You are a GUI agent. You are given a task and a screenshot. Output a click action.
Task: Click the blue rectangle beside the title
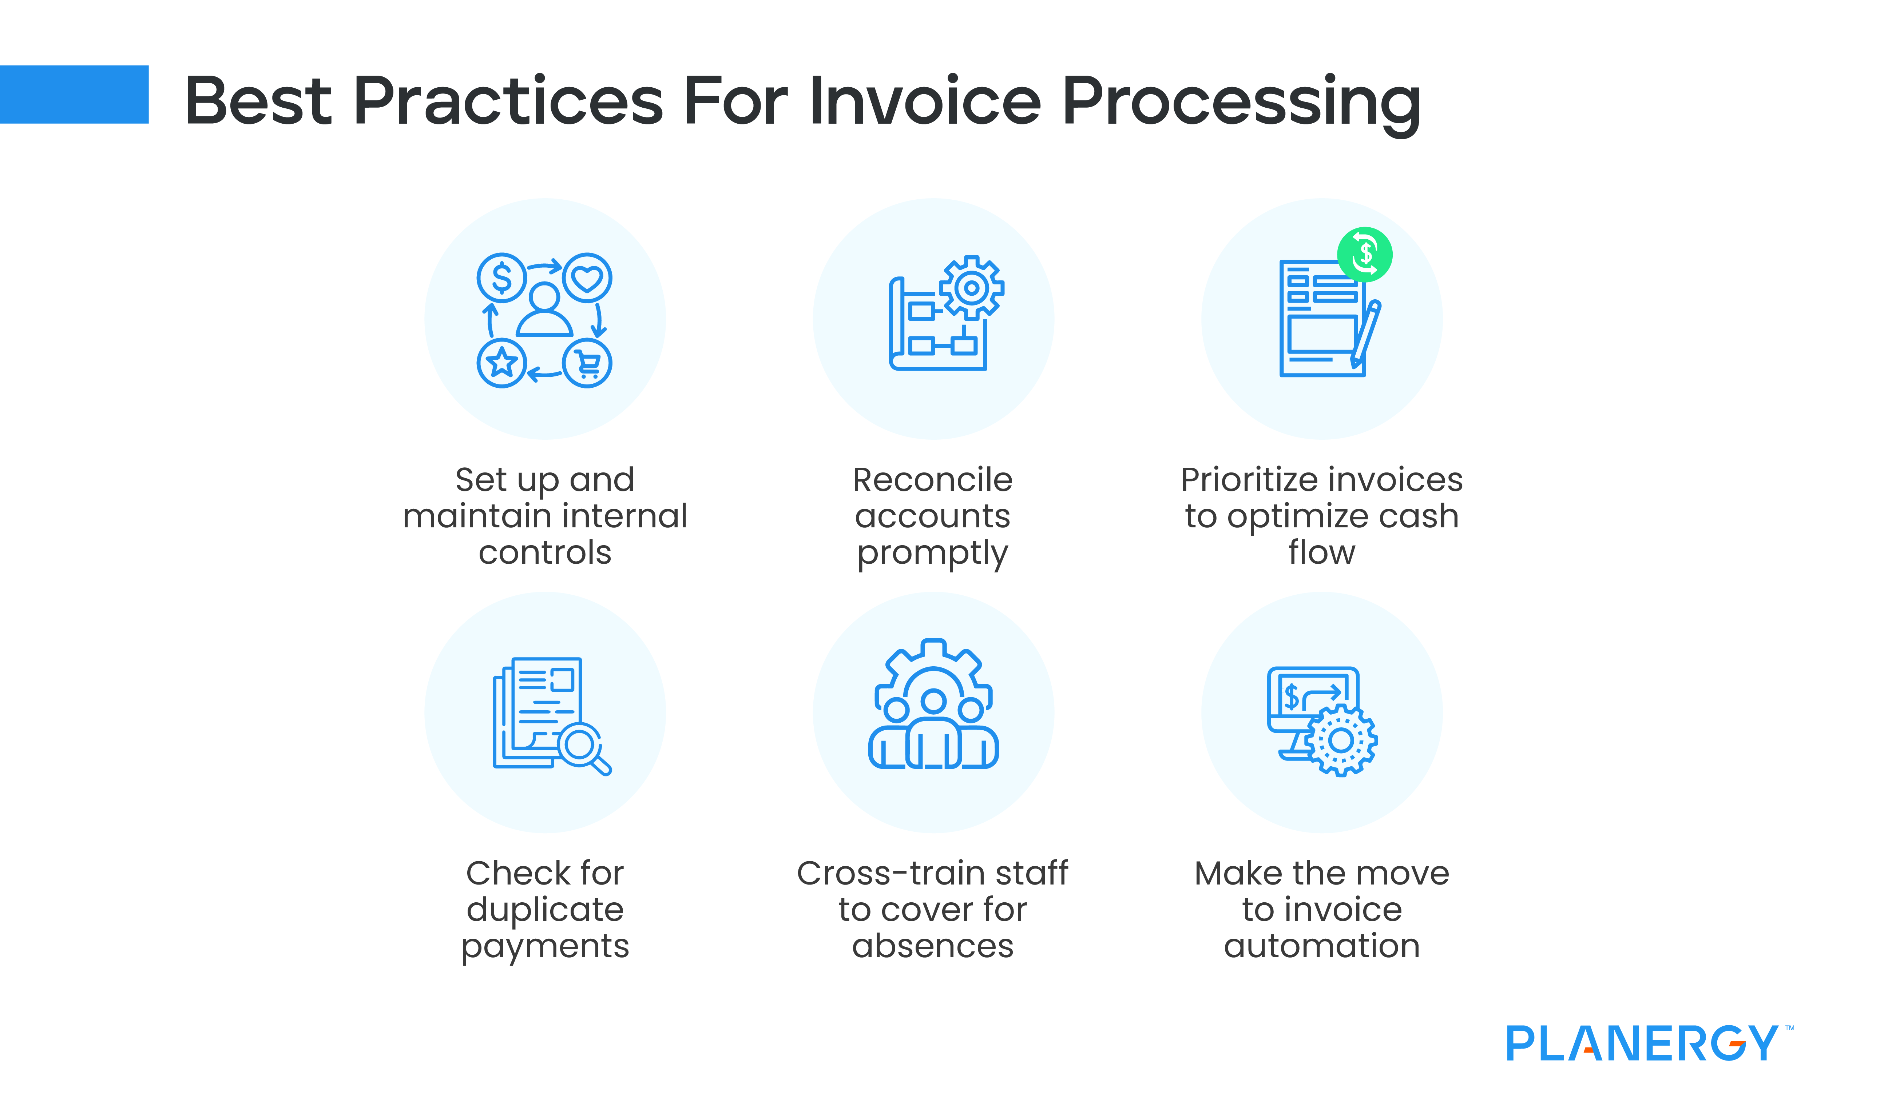(x=74, y=94)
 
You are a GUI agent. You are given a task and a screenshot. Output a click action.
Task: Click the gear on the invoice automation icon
(x=1341, y=740)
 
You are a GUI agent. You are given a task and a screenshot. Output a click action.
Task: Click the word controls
(x=545, y=553)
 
